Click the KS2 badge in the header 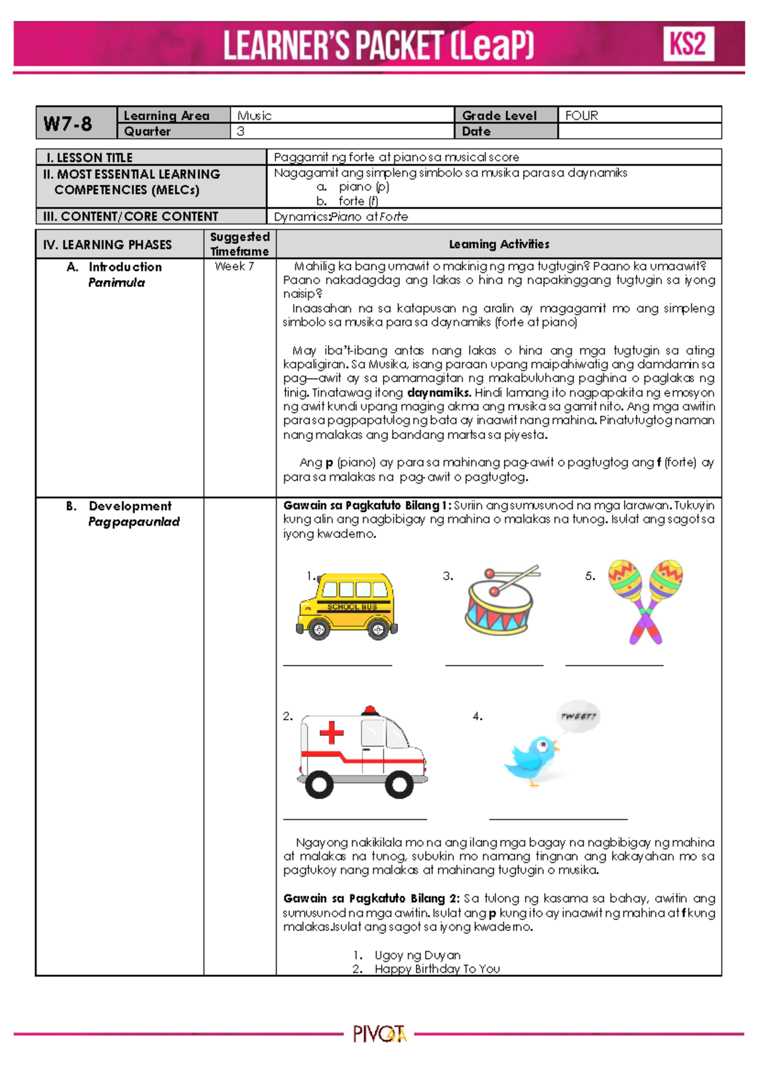pos(688,44)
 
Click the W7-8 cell pos(68,124)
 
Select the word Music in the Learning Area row pos(254,116)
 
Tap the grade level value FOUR pos(582,116)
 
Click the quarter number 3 pos(241,131)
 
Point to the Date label pos(476,131)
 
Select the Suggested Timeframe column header pos(239,244)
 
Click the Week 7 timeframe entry pos(234,266)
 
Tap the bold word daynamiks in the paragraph pos(438,392)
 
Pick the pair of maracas pos(646,600)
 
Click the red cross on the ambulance pos(331,733)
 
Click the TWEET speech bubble pos(578,716)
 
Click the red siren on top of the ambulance pos(371,710)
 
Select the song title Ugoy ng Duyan pos(418,955)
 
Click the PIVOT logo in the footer pos(379,1034)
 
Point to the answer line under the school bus pos(337,664)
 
